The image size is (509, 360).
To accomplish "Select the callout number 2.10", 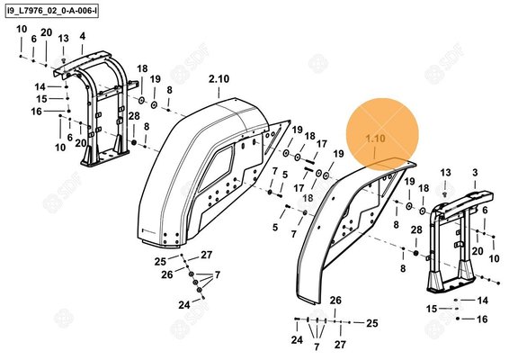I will coord(219,80).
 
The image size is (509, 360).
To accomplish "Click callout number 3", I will coord(475,172).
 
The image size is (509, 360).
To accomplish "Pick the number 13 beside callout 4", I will coord(64,40).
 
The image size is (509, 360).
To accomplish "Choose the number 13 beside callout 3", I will coord(446,172).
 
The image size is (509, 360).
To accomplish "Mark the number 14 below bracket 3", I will coord(482,299).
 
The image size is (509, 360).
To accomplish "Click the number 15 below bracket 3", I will coord(431,308).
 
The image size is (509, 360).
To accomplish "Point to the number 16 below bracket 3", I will coord(482,319).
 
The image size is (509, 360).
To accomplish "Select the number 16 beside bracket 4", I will coord(36,112).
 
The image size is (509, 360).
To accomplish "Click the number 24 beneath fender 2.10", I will coord(183,305).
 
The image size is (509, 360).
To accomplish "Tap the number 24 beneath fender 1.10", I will coord(297,340).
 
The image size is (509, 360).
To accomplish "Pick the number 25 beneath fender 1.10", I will coord(371,322).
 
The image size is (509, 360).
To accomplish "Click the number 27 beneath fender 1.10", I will coord(340,344).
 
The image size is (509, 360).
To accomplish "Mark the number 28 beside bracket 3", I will coord(415,230).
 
